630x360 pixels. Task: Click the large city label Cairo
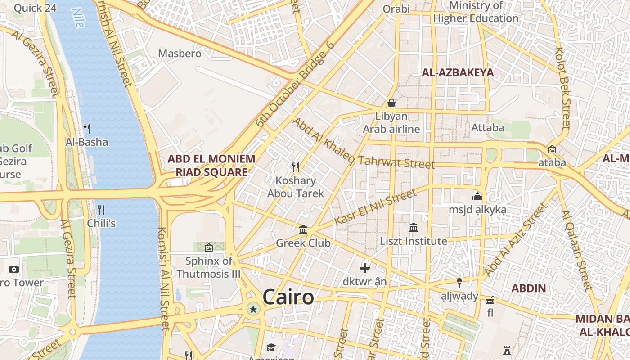coord(288,297)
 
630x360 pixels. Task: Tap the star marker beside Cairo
coord(253,309)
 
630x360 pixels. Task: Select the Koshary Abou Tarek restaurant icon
coord(296,167)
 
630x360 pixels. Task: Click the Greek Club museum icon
coord(303,230)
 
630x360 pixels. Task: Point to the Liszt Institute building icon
coord(414,228)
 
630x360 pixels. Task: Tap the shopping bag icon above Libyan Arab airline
coord(391,103)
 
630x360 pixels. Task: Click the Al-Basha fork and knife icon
coord(87,129)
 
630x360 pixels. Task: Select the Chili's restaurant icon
coord(101,210)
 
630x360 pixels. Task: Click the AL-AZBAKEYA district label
coord(457,72)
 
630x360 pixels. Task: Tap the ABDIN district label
coord(529,288)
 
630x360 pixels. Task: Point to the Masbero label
coord(180,54)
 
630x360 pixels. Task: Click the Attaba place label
coord(487,128)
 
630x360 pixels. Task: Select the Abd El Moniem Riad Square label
coord(211,165)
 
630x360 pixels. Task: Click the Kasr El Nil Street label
coord(376,207)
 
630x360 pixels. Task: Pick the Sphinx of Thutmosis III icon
coord(208,247)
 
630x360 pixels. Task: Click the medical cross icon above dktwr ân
coord(365,269)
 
